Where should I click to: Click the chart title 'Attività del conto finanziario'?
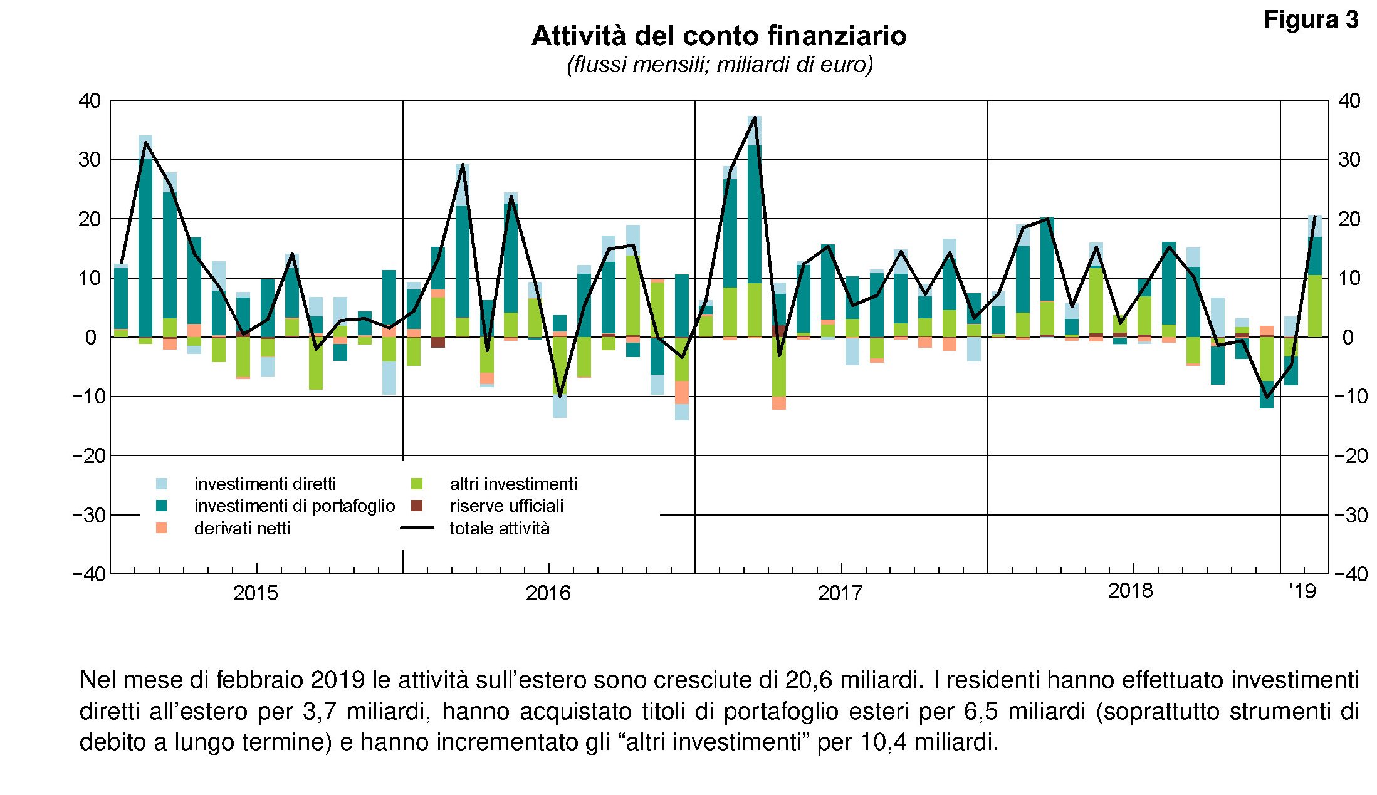pyautogui.click(x=719, y=36)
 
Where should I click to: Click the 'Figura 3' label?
pyautogui.click(x=1311, y=20)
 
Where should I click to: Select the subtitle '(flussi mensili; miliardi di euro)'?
pyautogui.click(x=719, y=65)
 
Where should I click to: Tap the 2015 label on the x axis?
pyautogui.click(x=255, y=593)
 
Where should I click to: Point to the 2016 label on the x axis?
pyautogui.click(x=548, y=593)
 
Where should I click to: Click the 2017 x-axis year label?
pyautogui.click(x=840, y=593)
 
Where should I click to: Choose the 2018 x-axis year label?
pyautogui.click(x=1130, y=591)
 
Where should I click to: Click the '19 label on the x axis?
pyautogui.click(x=1302, y=591)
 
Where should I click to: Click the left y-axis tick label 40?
pyautogui.click(x=90, y=101)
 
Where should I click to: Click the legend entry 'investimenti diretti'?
pyautogui.click(x=264, y=484)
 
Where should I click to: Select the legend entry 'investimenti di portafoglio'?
pyautogui.click(x=294, y=506)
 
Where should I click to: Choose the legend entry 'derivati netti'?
pyautogui.click(x=242, y=528)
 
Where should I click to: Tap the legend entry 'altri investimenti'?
pyautogui.click(x=513, y=484)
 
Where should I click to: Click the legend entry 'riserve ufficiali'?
pyautogui.click(x=506, y=506)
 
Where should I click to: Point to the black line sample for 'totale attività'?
pyautogui.click(x=417, y=528)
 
